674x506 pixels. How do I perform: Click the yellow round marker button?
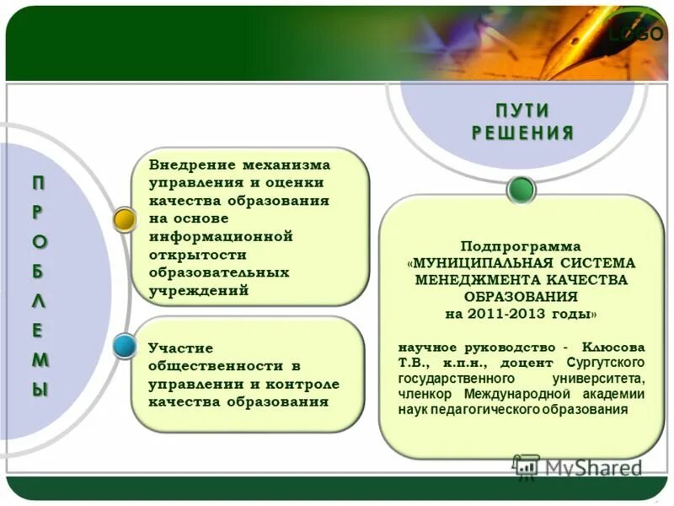pyautogui.click(x=125, y=220)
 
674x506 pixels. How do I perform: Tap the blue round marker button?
pyautogui.click(x=125, y=344)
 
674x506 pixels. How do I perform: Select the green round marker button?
pyautogui.click(x=522, y=190)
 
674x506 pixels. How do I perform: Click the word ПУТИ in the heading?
pyautogui.click(x=522, y=111)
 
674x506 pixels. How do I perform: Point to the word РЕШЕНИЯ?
pyautogui.click(x=522, y=132)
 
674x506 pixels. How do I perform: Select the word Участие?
pyautogui.click(x=180, y=347)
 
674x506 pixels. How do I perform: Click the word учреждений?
pyautogui.click(x=199, y=290)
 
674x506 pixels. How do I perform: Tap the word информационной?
pyautogui.click(x=220, y=236)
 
